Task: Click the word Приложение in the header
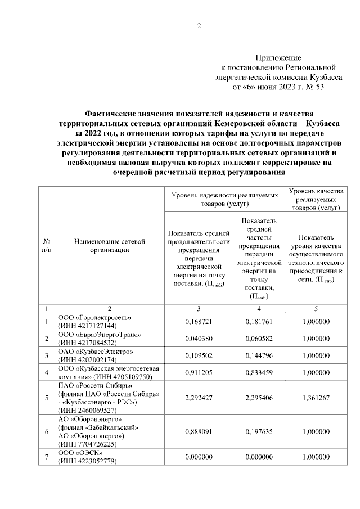[x=278, y=58]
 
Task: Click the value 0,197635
[x=259, y=431]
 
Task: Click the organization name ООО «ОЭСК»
[x=78, y=453]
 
